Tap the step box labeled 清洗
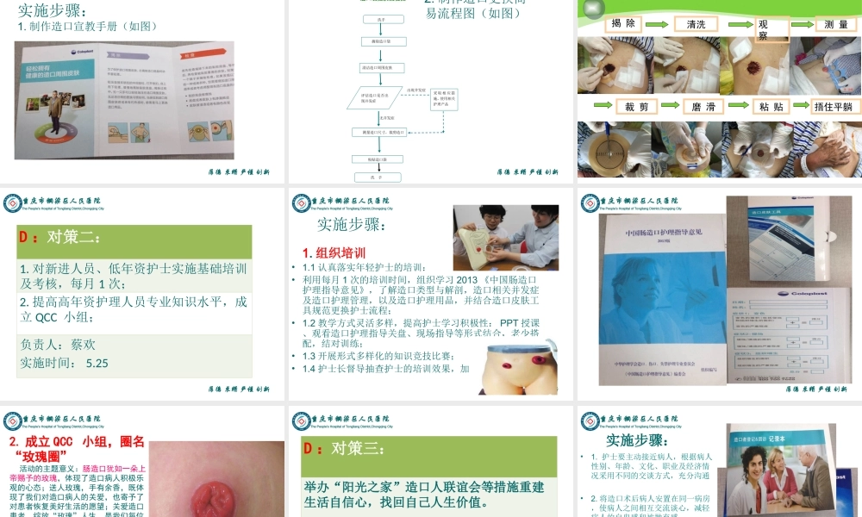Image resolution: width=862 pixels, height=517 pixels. click(696, 25)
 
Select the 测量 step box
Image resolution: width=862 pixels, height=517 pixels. click(835, 25)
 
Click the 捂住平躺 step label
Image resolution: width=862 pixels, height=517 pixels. click(834, 107)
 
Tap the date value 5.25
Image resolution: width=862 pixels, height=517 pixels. click(97, 363)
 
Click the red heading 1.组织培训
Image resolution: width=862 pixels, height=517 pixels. click(334, 252)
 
